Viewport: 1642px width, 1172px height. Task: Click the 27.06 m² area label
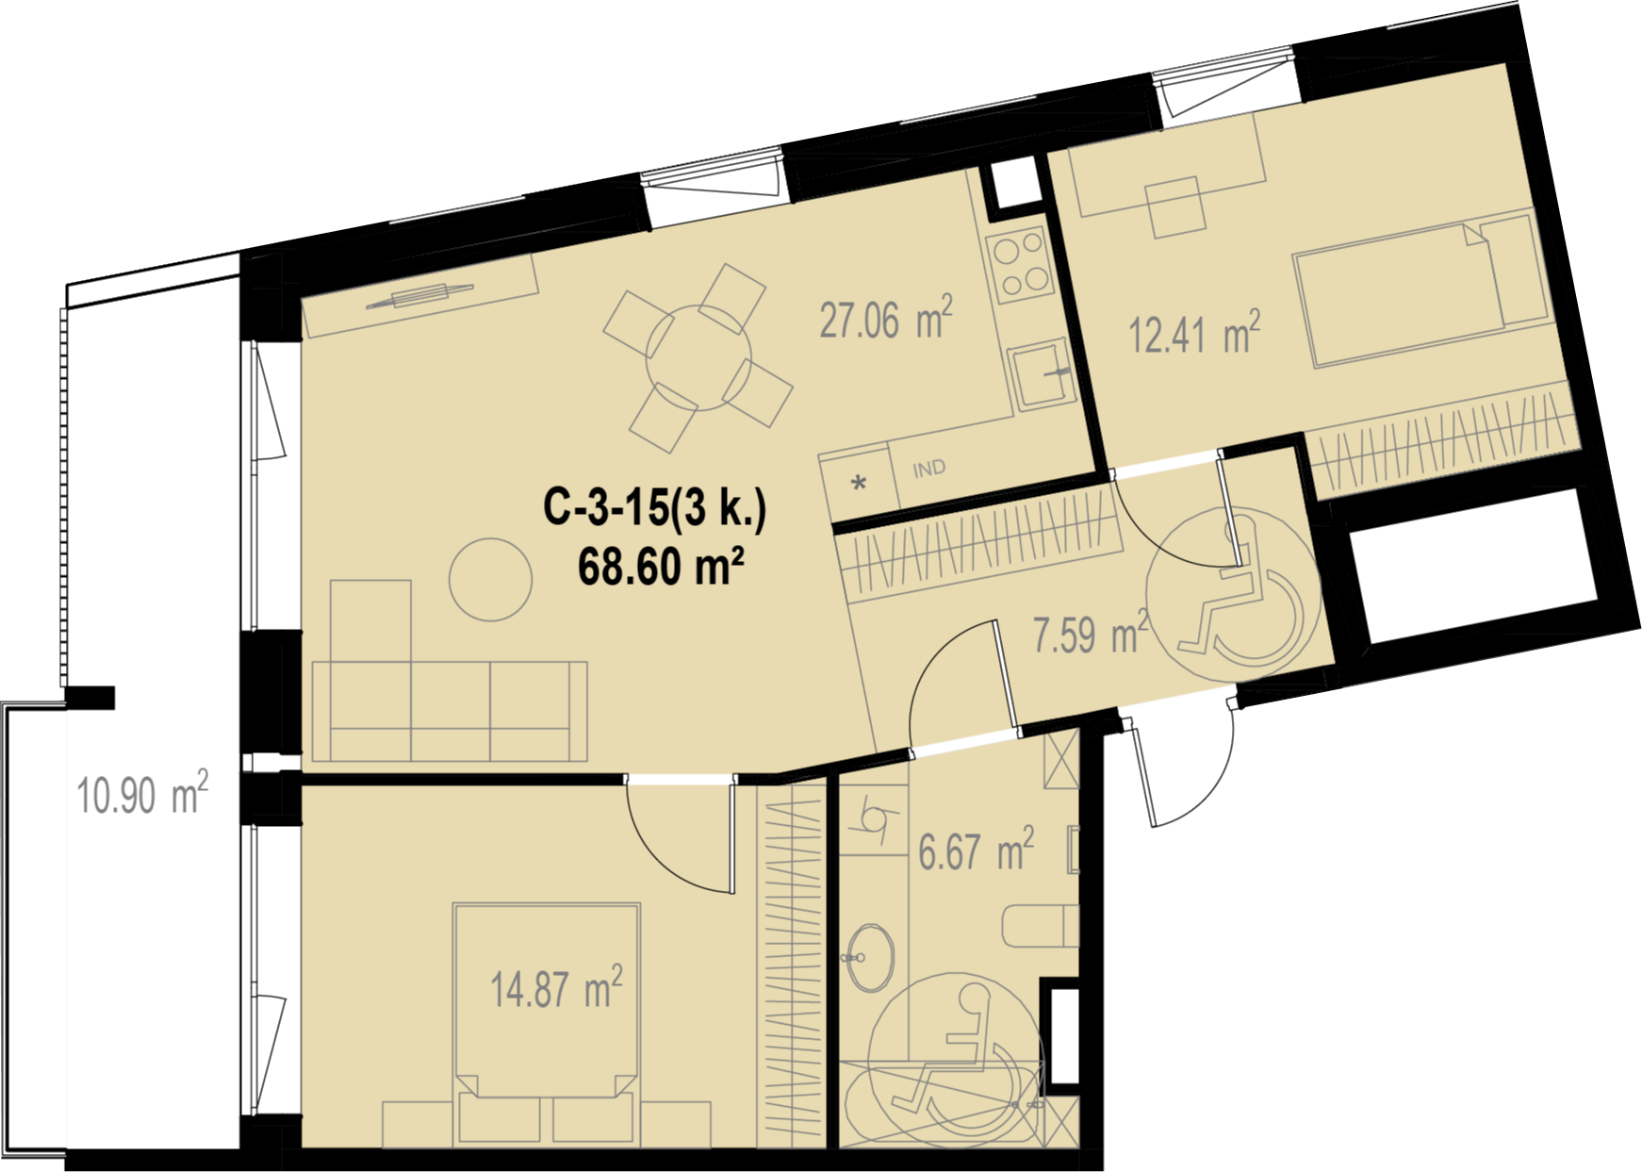click(x=886, y=318)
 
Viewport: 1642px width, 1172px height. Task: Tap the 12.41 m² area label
click(x=1195, y=334)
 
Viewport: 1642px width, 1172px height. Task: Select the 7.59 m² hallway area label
click(x=1091, y=634)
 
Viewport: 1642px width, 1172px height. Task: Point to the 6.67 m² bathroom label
click(x=977, y=850)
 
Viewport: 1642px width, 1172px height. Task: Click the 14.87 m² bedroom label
click(x=556, y=988)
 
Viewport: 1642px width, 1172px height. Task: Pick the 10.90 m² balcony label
click(x=142, y=794)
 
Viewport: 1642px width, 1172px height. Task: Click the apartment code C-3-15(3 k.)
click(x=655, y=508)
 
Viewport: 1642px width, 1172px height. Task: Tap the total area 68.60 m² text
click(x=661, y=567)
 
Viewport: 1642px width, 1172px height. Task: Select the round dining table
click(x=698, y=357)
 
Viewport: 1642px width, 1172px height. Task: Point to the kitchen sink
click(x=1041, y=374)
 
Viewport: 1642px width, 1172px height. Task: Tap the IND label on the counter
click(x=929, y=469)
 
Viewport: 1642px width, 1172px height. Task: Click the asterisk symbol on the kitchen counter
click(x=859, y=485)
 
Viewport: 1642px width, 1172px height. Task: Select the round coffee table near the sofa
click(x=490, y=579)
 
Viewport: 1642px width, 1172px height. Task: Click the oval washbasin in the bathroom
click(x=870, y=958)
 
